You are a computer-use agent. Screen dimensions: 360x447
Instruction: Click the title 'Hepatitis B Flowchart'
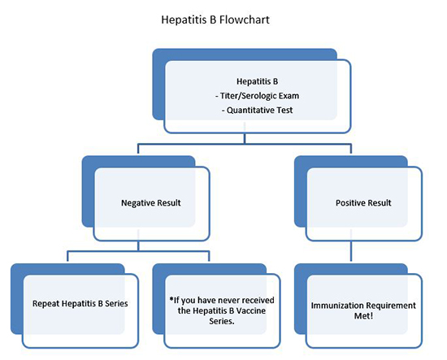point(223,15)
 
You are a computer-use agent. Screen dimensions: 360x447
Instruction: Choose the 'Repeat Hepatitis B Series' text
point(70,305)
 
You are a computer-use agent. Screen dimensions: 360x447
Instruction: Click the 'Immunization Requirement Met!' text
point(362,310)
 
